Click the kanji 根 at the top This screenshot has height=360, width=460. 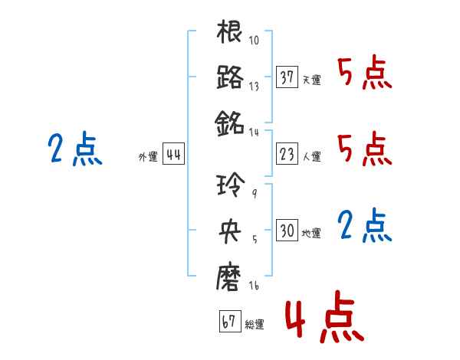(229, 31)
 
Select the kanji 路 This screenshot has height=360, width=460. (230, 77)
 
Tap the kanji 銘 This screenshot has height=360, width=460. (229, 123)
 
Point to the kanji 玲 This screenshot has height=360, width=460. (231, 185)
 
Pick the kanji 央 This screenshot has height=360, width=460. (230, 231)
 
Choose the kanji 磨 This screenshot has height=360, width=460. (228, 277)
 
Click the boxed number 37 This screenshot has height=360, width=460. (287, 77)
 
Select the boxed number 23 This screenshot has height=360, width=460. (287, 154)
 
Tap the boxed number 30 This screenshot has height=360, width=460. (287, 230)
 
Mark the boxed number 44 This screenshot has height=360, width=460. (173, 154)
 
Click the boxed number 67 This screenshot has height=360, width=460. (230, 321)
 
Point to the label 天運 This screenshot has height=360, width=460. (311, 80)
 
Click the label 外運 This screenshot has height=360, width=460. (148, 156)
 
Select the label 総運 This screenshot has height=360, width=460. (255, 324)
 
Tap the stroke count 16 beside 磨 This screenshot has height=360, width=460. (254, 285)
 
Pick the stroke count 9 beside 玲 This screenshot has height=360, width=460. (255, 193)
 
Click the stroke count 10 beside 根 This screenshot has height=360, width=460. (254, 40)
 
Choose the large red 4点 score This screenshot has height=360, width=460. (324, 316)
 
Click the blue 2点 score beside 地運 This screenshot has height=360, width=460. (364, 225)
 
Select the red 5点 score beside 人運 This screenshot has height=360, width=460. (365, 149)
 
